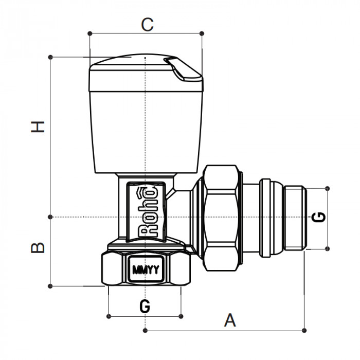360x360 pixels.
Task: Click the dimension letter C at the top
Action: (x=148, y=24)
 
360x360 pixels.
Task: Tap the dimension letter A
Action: (x=230, y=320)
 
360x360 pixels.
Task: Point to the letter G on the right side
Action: (x=319, y=217)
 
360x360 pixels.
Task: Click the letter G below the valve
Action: (x=145, y=306)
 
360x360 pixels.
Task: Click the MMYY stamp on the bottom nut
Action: (x=145, y=269)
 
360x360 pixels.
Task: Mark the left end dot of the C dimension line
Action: (x=90, y=33)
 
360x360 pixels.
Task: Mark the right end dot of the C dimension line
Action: (x=202, y=33)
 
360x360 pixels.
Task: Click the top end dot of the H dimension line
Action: (x=50, y=57)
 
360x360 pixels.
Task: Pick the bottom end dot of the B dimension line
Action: (x=50, y=286)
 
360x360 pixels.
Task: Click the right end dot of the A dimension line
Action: (x=304, y=330)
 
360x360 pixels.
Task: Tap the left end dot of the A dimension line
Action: (x=146, y=330)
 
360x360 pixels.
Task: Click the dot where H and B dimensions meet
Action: (x=50, y=217)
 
